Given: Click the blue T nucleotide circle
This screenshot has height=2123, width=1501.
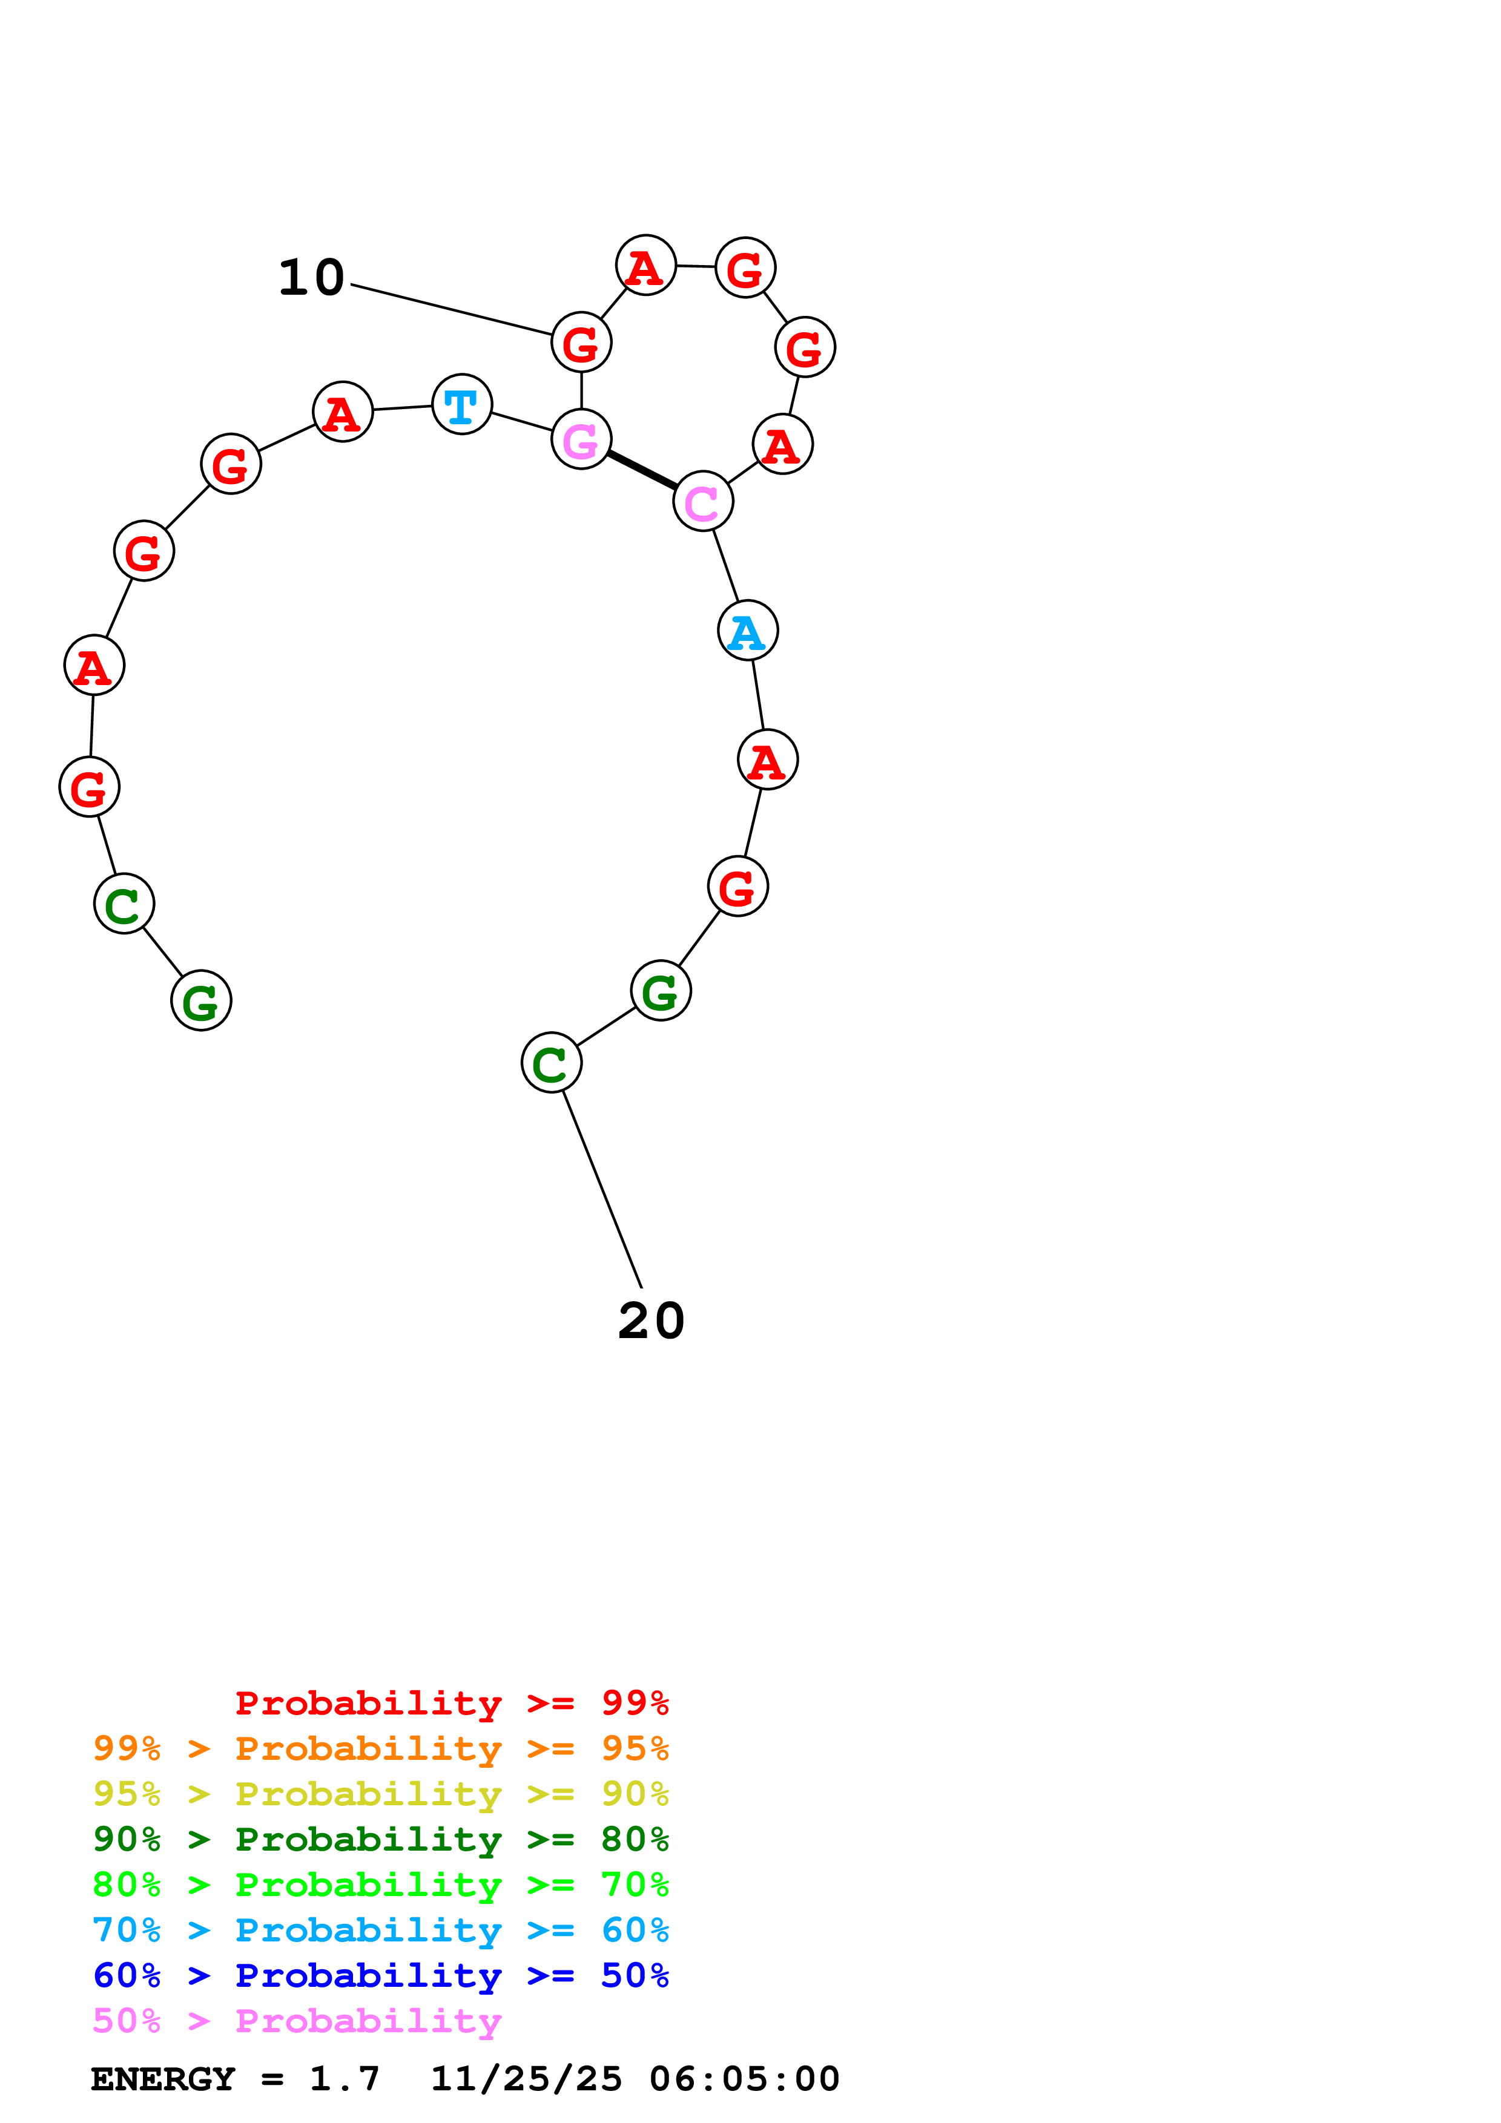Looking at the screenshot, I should coord(461,404).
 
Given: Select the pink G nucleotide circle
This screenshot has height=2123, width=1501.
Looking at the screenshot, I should coord(581,439).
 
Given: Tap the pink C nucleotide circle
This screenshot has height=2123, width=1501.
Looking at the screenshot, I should coord(703,501).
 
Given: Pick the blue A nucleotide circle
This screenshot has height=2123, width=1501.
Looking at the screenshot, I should coord(747,631).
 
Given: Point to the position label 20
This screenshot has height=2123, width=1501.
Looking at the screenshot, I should coord(651,1321).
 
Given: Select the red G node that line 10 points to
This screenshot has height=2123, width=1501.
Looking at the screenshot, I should coord(581,342).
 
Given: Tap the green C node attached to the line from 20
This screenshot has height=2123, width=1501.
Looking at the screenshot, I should coord(551,1063).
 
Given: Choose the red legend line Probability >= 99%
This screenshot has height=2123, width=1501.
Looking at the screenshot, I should coord(451,1702).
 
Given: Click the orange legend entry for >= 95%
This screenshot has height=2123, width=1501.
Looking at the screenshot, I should coord(380,1748).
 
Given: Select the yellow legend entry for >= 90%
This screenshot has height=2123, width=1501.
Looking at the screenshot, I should coord(380,1794).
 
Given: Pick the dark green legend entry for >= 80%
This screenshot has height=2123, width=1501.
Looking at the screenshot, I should coord(380,1839).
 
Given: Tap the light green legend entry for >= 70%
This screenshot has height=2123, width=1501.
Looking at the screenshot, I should coord(380,1885).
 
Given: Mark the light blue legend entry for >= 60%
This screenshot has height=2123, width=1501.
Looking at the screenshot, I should coord(380,1930).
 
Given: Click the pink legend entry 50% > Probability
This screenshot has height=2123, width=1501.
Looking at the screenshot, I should coord(297,2020).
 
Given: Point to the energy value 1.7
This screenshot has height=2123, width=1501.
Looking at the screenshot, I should coord(344,2079).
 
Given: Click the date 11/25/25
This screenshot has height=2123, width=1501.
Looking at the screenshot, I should coord(526,2079).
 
